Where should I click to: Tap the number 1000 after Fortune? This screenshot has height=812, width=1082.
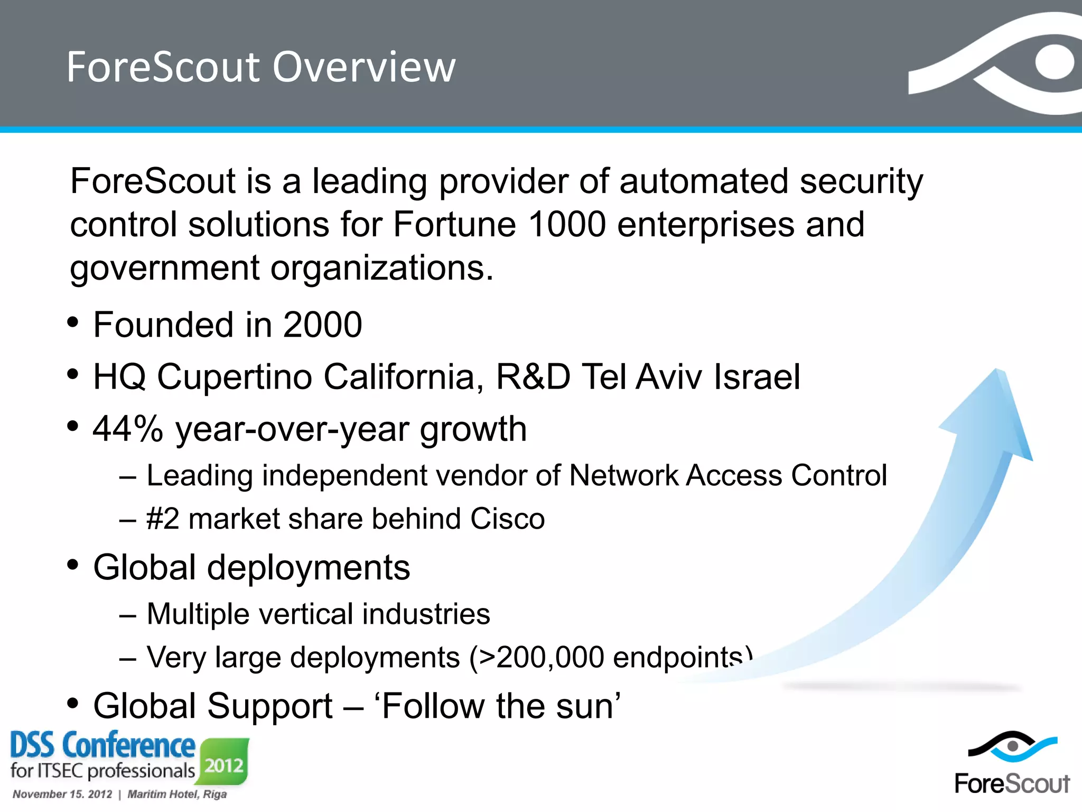[x=566, y=224]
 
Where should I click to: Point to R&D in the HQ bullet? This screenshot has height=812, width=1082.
[x=533, y=377]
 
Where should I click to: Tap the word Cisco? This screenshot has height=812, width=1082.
[x=507, y=519]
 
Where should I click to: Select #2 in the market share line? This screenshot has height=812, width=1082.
[x=163, y=519]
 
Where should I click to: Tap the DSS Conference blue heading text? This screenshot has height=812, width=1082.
[x=102, y=745]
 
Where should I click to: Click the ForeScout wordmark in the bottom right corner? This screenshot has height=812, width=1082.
[x=1012, y=783]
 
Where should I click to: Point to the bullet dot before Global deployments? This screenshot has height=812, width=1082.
[x=73, y=565]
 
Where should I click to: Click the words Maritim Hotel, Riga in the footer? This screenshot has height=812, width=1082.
[x=177, y=794]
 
